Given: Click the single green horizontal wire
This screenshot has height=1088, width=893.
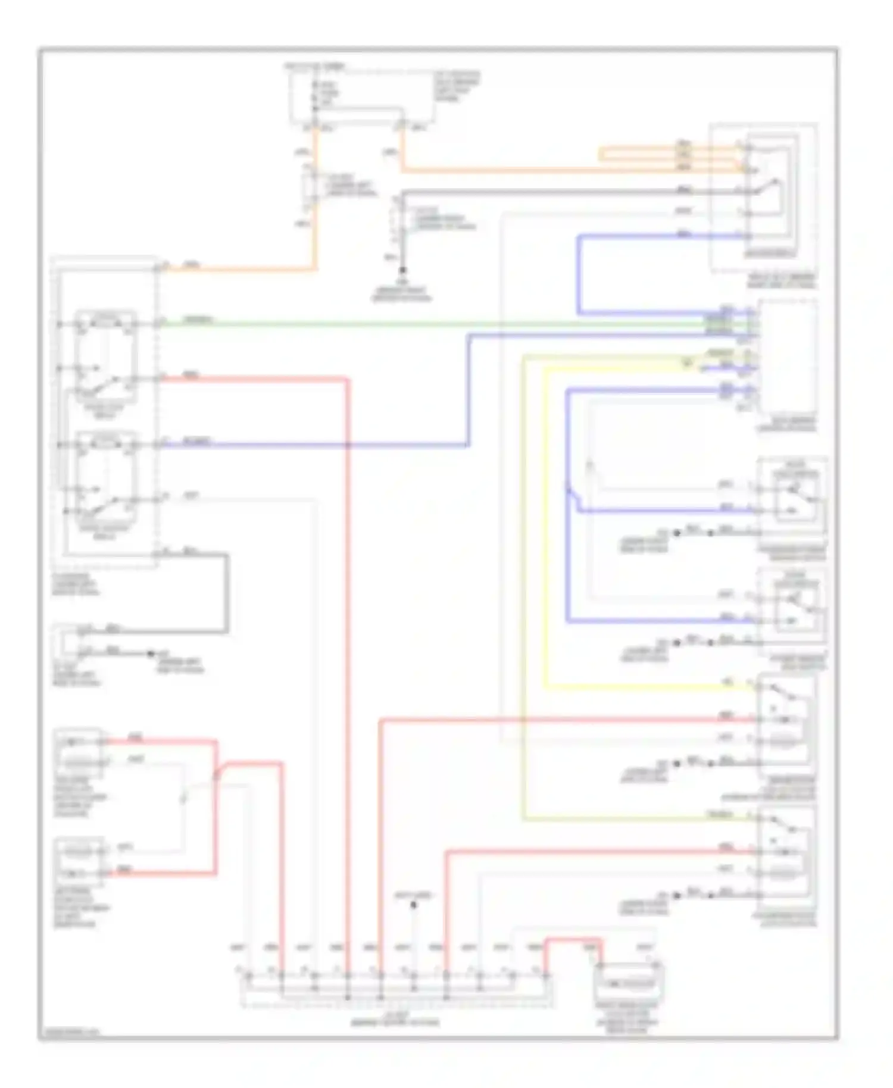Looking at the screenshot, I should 417,324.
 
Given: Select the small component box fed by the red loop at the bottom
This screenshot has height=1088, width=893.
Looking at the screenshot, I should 629,983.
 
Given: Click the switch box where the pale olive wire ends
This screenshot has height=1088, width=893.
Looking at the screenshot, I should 786,851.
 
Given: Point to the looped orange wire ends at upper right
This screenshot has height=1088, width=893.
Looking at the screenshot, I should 601,155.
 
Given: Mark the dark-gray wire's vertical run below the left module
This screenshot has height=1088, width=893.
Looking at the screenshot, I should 226,592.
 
